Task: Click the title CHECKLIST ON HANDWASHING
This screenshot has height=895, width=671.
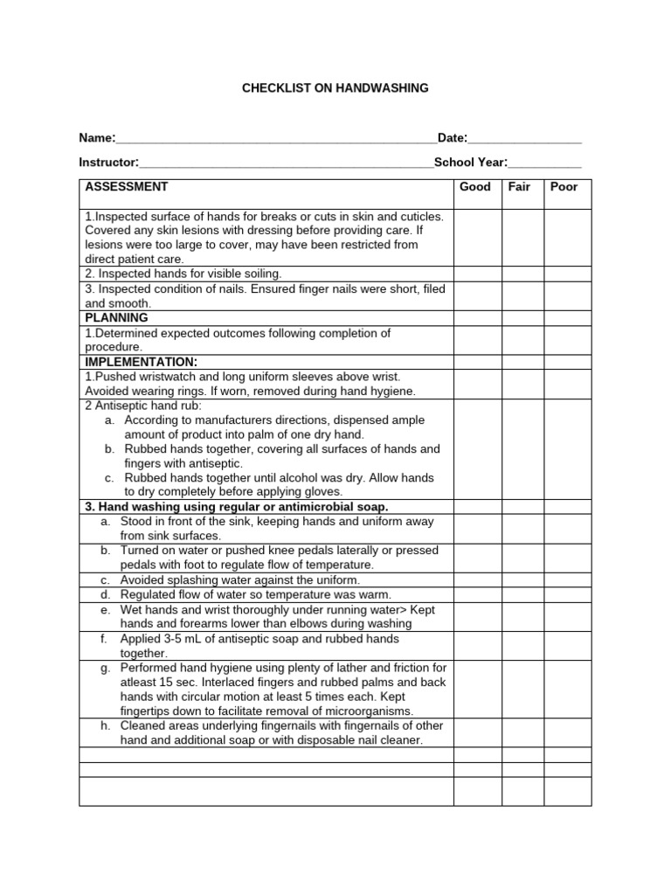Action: click(335, 88)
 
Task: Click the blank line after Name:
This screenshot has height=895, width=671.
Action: click(276, 140)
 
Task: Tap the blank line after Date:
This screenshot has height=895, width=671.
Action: click(525, 140)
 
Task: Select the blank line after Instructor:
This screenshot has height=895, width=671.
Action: click(287, 163)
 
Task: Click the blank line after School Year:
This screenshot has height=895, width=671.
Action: click(544, 163)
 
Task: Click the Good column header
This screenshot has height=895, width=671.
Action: click(475, 187)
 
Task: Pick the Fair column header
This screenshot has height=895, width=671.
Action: click(520, 187)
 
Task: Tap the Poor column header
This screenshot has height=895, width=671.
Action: click(564, 187)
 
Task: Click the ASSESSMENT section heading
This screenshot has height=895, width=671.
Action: click(127, 187)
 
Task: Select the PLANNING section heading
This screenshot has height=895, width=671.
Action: click(117, 318)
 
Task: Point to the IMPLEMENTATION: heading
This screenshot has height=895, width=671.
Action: click(141, 362)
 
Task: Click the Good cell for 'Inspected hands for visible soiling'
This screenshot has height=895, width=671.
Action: click(476, 274)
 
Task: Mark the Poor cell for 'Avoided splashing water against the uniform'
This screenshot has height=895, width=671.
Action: click(568, 580)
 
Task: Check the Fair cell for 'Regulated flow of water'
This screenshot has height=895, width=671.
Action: click(522, 595)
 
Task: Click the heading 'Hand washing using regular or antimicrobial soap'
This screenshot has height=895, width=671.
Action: click(237, 507)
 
